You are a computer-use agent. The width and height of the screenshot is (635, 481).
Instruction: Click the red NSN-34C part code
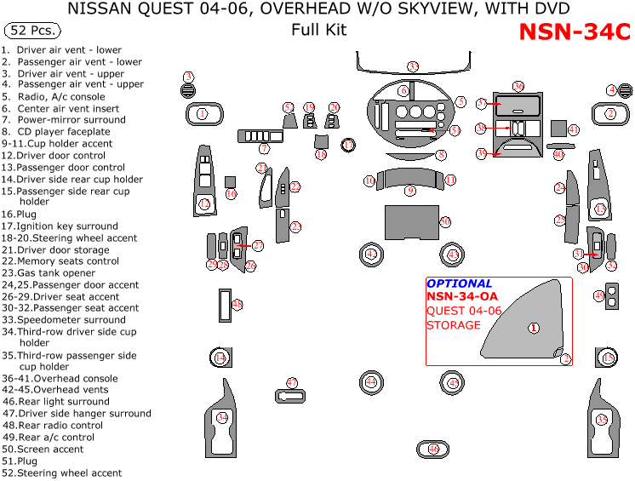click(575, 32)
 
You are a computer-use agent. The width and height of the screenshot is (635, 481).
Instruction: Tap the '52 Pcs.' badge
click(32, 31)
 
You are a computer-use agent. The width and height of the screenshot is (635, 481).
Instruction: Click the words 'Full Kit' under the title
click(318, 31)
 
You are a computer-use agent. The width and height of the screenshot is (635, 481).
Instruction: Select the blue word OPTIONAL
click(459, 283)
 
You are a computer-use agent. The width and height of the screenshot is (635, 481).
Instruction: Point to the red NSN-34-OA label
click(462, 297)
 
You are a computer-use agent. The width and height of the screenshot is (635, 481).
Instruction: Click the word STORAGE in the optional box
click(453, 325)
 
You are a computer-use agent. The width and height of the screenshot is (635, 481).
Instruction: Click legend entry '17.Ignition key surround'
click(60, 226)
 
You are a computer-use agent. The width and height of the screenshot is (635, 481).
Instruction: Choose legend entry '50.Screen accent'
click(43, 449)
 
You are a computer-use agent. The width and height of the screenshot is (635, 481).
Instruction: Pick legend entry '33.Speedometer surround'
click(63, 320)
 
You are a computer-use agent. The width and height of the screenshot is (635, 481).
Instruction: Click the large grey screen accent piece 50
click(412, 221)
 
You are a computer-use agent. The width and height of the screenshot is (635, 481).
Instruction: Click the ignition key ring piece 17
click(348, 146)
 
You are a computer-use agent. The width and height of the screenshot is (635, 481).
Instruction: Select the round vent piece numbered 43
click(453, 255)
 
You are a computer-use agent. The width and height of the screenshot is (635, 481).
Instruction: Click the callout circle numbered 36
click(518, 86)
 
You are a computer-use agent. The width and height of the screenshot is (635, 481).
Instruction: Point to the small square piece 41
click(558, 129)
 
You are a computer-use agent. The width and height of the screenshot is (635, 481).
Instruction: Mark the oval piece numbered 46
click(433, 449)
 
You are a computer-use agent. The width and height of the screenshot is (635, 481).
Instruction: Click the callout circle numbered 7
click(265, 149)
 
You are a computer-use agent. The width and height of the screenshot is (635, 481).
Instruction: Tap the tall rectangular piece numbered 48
click(226, 306)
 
